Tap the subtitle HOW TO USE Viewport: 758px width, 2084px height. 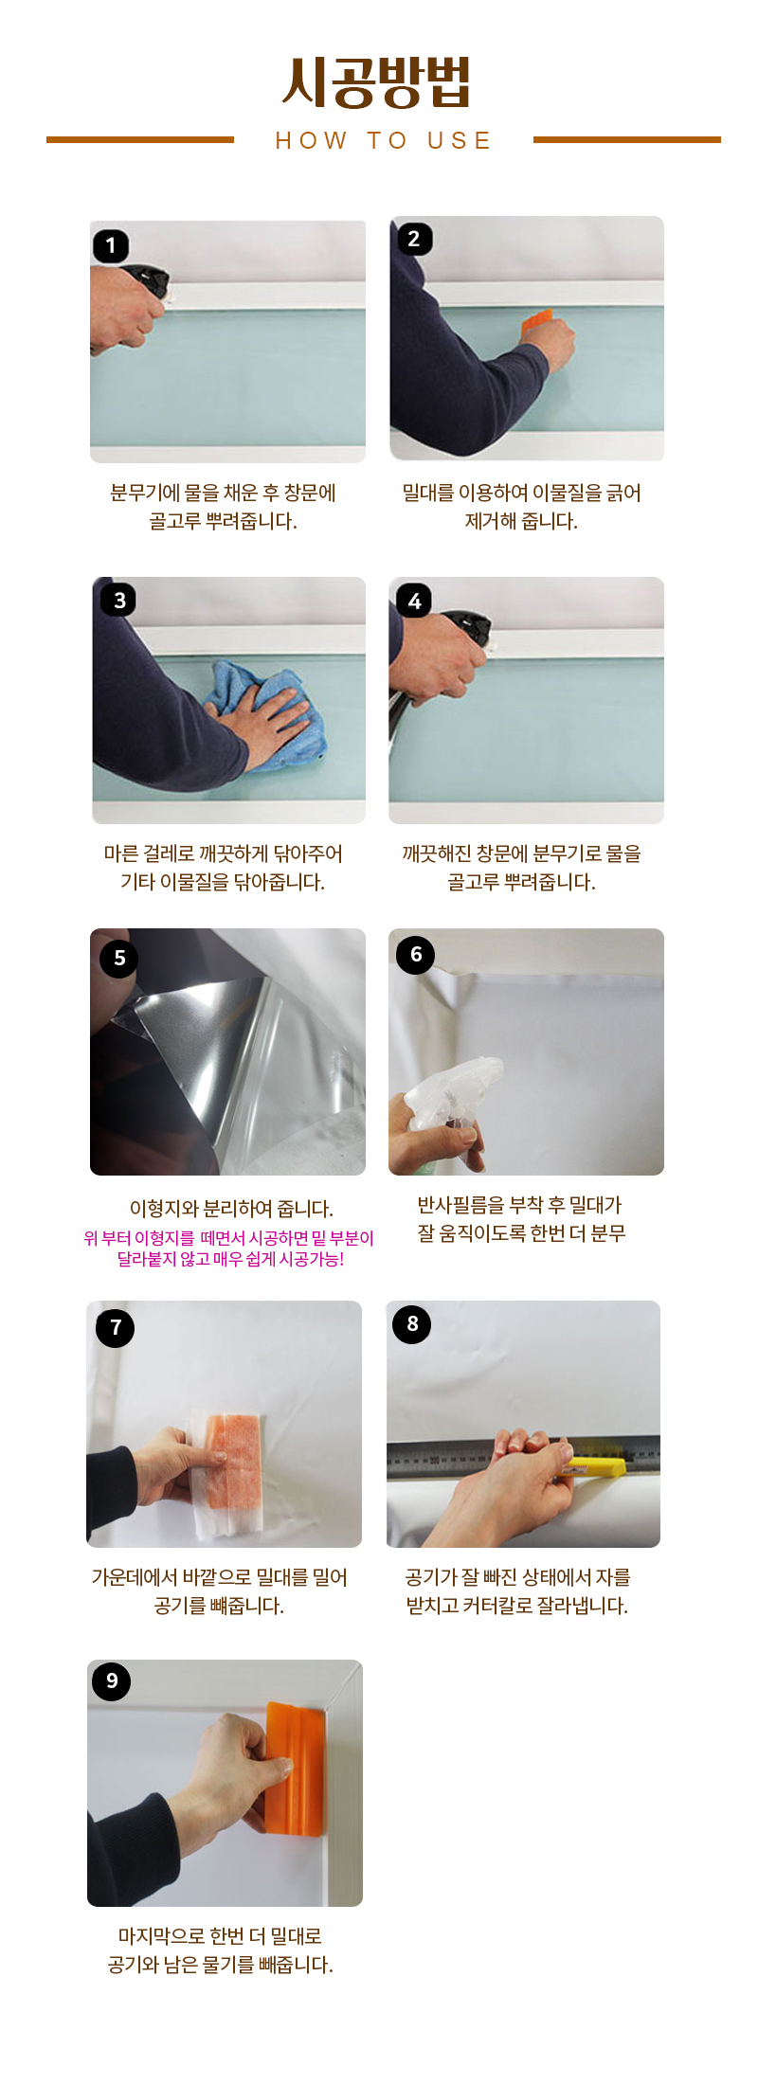tap(384, 141)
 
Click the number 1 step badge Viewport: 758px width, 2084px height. tap(111, 246)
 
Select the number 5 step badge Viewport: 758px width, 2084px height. tap(119, 958)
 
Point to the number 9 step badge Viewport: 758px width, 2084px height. tap(112, 1680)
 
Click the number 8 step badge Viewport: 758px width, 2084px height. tap(412, 1323)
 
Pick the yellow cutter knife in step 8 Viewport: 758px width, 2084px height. tap(591, 1467)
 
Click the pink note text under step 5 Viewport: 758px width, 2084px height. tap(228, 1249)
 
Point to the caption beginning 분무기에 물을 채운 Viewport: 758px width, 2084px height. tap(224, 507)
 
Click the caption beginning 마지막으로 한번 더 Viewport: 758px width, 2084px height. tap(221, 1950)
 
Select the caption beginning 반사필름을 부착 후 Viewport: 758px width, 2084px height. tap(520, 1219)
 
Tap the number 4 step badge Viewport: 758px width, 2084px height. tap(414, 601)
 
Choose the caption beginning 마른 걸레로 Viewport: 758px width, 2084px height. tap(224, 868)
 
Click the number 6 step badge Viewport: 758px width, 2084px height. tap(416, 954)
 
